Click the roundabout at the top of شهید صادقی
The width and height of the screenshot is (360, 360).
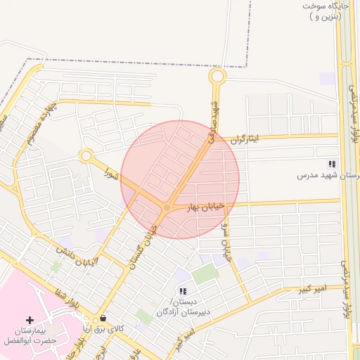click(217, 76)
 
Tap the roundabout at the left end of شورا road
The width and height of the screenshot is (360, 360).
click(86, 155)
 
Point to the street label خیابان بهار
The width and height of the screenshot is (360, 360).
click(205, 206)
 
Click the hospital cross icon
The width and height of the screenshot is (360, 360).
click(29, 320)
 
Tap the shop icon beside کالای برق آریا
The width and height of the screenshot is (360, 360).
click(103, 319)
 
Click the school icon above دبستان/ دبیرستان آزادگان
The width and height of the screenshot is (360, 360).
click(183, 291)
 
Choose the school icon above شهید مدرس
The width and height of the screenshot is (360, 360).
click(331, 164)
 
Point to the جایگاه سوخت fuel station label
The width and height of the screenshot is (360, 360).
click(326, 11)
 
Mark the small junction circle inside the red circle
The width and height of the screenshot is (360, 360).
click(167, 207)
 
